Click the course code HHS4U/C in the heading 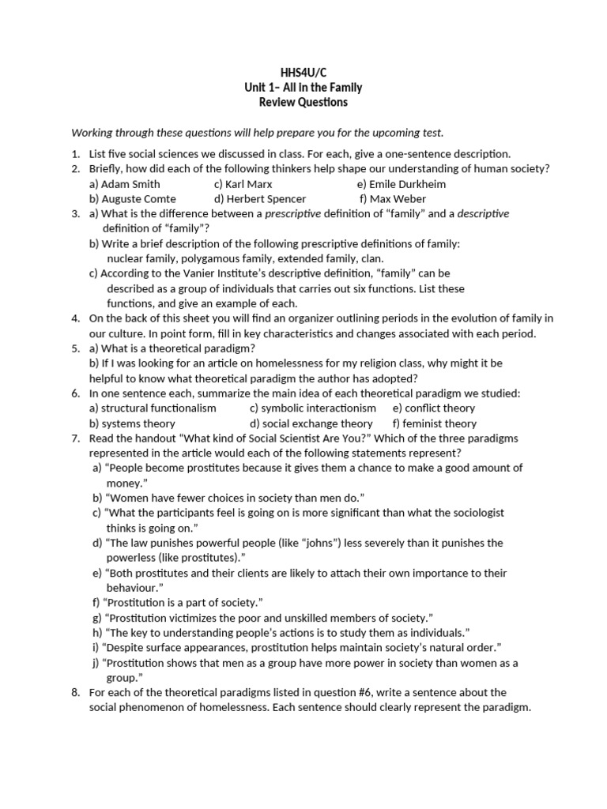(x=303, y=73)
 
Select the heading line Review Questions (x=303, y=103)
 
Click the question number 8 (x=75, y=692)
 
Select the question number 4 (x=75, y=318)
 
